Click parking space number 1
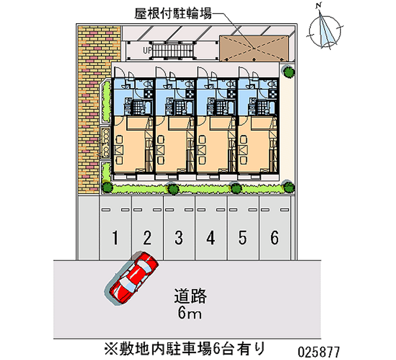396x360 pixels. (x=115, y=238)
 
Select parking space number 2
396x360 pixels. (x=147, y=238)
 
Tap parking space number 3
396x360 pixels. (x=179, y=238)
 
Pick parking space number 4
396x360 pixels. (x=211, y=238)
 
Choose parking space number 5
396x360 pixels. (x=243, y=238)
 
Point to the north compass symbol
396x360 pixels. (x=325, y=30)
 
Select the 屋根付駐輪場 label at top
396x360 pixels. (x=173, y=13)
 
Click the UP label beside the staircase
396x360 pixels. (x=147, y=50)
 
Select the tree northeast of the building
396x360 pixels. (x=288, y=71)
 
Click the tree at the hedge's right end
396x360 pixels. (x=288, y=186)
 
